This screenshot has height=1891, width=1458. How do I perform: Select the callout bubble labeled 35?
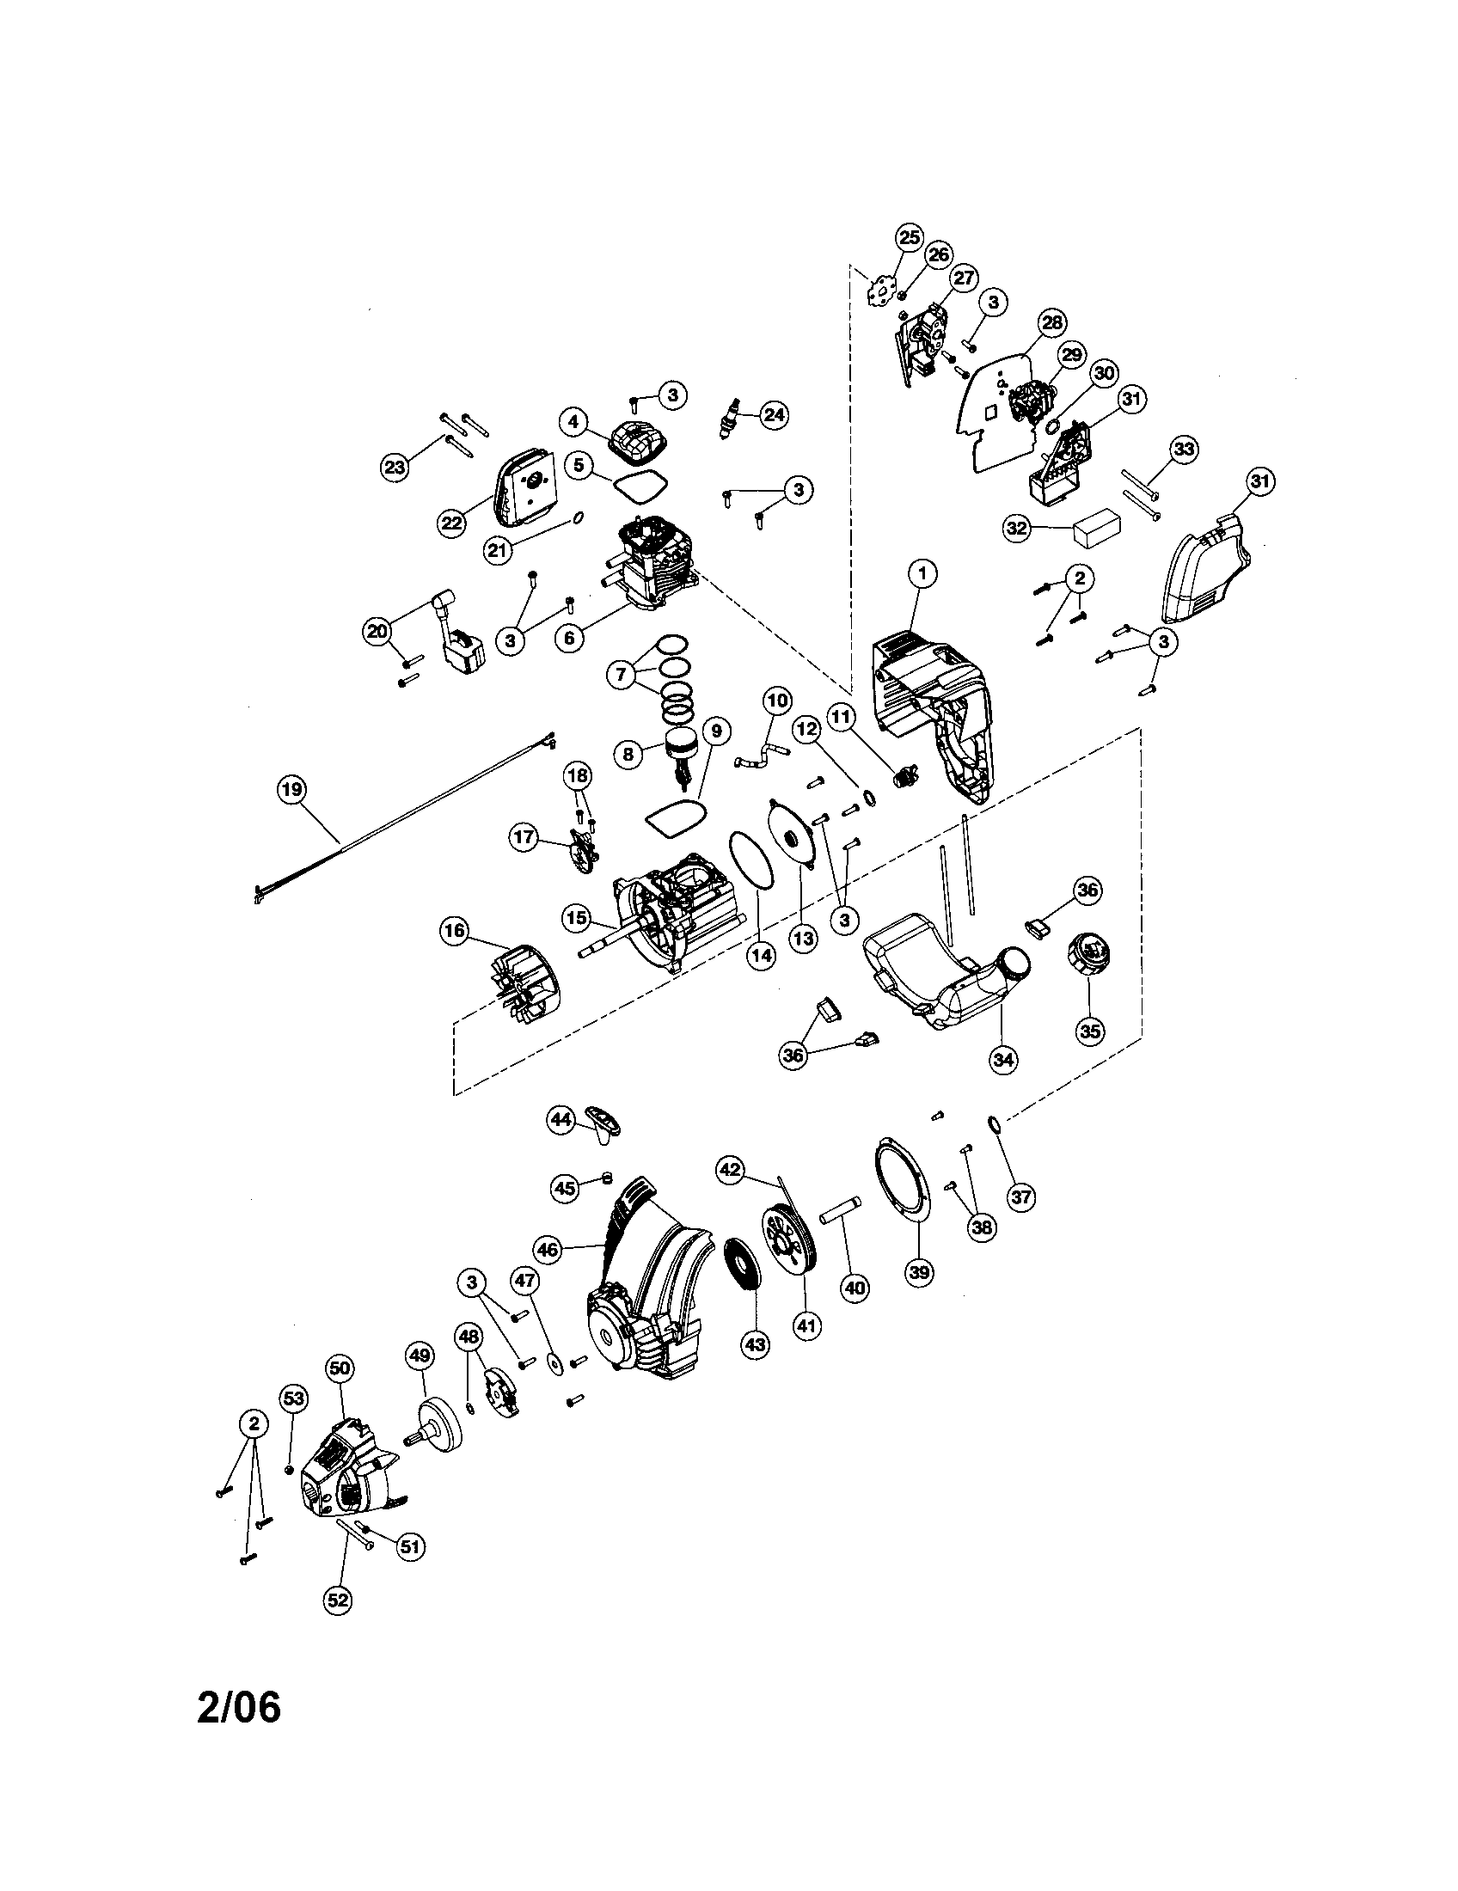[1091, 1031]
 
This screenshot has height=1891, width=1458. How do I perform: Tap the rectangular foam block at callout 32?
[1097, 529]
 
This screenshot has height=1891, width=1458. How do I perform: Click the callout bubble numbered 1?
[923, 572]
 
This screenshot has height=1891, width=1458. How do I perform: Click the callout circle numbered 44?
[562, 1119]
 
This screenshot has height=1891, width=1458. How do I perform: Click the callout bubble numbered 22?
[452, 523]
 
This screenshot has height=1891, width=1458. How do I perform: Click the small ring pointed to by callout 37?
[995, 1125]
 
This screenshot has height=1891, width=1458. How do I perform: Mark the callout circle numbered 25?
[908, 237]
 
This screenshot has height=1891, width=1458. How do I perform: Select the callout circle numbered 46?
[549, 1250]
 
